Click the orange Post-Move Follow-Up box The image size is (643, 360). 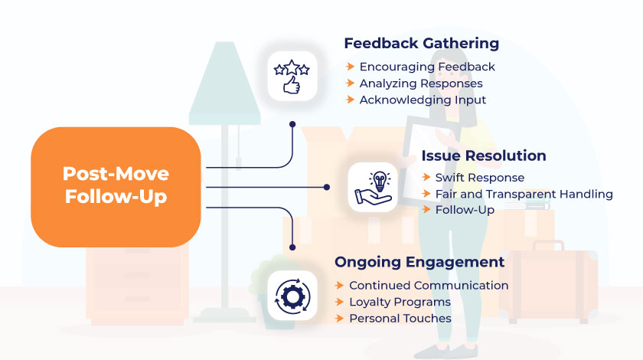(116, 186)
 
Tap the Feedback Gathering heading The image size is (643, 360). (421, 43)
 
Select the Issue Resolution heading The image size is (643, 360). (484, 155)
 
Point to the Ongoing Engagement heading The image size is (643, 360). (419, 262)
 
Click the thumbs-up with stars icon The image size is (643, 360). (292, 76)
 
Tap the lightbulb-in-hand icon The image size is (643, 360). (374, 188)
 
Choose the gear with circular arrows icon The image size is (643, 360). (292, 295)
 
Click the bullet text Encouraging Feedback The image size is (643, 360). (427, 67)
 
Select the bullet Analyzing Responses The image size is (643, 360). (421, 83)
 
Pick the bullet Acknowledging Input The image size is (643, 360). (423, 100)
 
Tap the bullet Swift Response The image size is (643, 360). (480, 177)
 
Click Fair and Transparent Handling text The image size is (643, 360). (524, 194)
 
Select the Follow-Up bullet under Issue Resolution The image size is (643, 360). (465, 210)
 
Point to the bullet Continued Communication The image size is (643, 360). (429, 285)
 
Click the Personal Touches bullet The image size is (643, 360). (400, 318)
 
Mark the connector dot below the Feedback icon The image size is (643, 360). (292, 123)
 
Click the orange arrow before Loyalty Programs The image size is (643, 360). (339, 302)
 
